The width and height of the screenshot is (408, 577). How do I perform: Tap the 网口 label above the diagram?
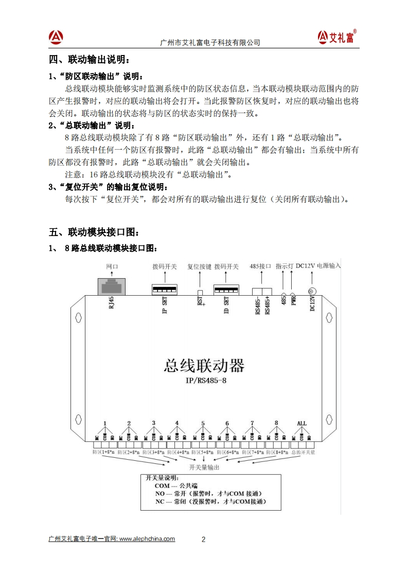pos(112,267)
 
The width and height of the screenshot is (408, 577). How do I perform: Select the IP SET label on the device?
pos(165,308)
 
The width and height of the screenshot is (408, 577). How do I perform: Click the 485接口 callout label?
pos(260,266)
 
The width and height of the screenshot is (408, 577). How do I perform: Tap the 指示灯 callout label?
pos(284,266)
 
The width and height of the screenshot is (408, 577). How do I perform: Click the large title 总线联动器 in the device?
pos(204,366)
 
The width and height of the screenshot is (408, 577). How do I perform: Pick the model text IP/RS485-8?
pos(206,381)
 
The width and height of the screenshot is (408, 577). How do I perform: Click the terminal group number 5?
pos(203,424)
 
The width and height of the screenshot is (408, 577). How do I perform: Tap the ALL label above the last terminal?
pos(301,424)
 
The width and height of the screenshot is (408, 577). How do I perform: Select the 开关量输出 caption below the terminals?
pos(204,467)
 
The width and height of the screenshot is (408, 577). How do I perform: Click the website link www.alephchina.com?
pos(147,539)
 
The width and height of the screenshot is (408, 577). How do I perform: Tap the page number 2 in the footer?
pos(203,539)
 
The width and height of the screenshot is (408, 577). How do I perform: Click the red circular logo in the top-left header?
pos(56,37)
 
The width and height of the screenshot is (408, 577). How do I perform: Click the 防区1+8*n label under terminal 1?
pos(103,452)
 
